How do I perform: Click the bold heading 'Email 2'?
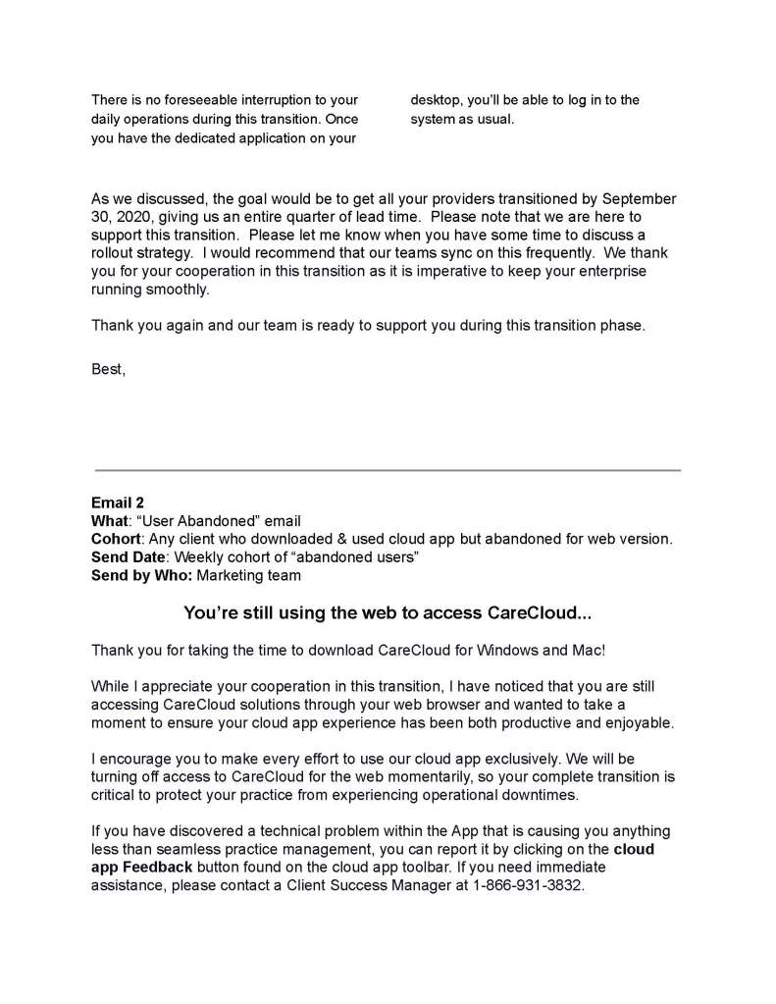pyautogui.click(x=118, y=502)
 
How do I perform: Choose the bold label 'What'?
pyautogui.click(x=109, y=521)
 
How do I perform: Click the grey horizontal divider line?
pyautogui.click(x=388, y=470)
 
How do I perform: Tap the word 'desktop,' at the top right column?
pyautogui.click(x=439, y=100)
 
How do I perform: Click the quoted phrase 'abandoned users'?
pyautogui.click(x=366, y=557)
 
